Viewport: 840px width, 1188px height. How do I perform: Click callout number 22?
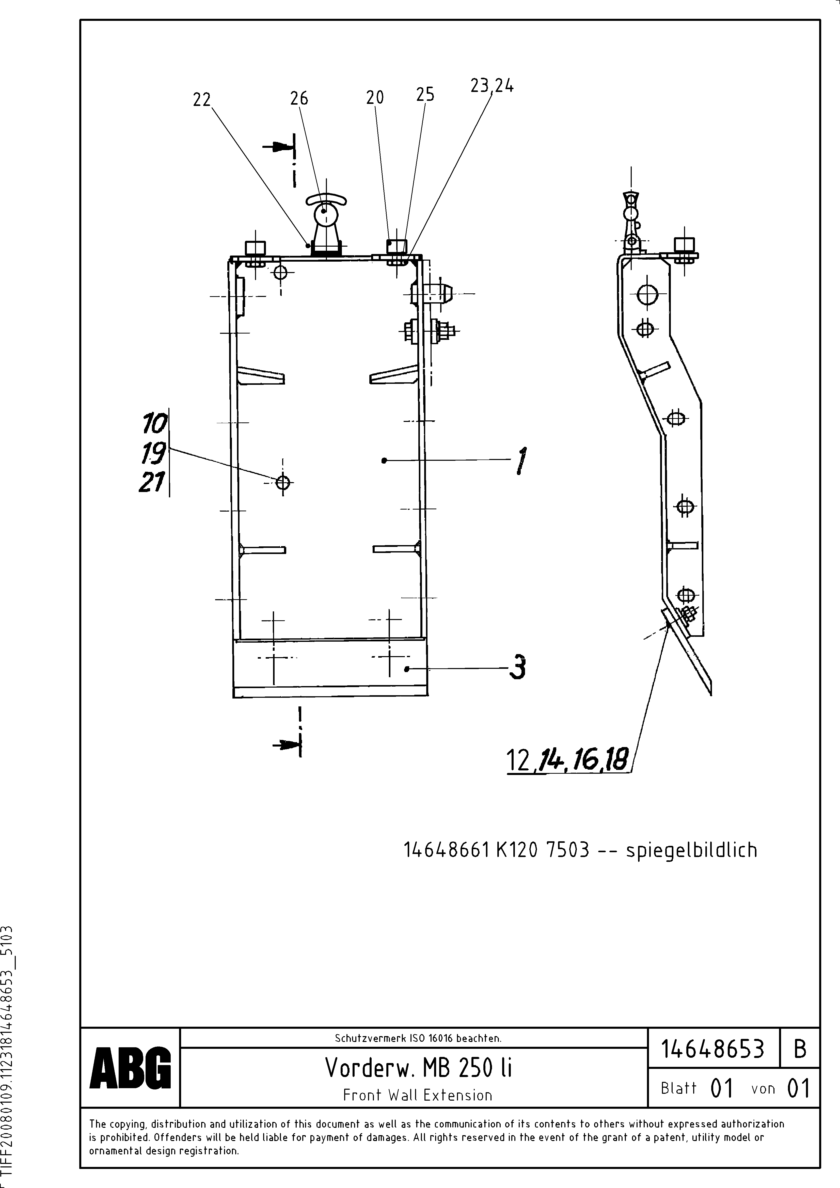pos(202,99)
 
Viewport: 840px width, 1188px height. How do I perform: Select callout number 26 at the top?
pos(299,98)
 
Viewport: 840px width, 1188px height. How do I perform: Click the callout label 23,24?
pos(492,86)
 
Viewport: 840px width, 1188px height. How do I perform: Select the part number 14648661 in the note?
pos(446,850)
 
